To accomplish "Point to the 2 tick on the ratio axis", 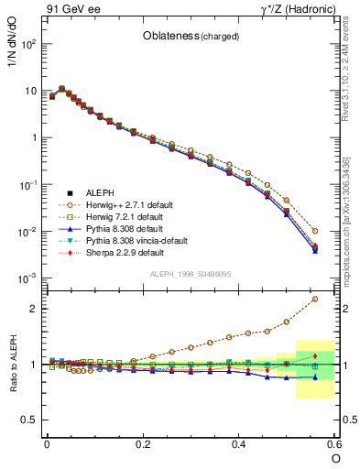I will pyautogui.click(x=35, y=309).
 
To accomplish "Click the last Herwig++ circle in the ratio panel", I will pyautogui.click(x=315, y=299).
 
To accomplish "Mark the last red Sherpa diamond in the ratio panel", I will pyautogui.click(x=315, y=355).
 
